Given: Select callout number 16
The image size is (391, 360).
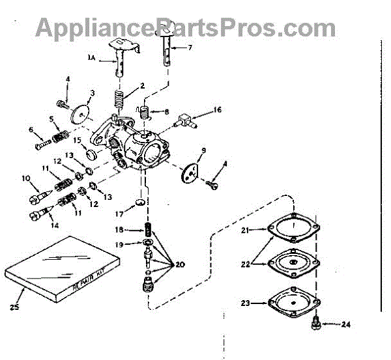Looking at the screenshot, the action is point(218,110).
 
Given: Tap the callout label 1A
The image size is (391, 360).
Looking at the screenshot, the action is point(91,57).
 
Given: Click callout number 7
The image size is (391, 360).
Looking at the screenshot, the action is point(190,47).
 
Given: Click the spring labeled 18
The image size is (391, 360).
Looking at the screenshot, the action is point(149,230).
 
